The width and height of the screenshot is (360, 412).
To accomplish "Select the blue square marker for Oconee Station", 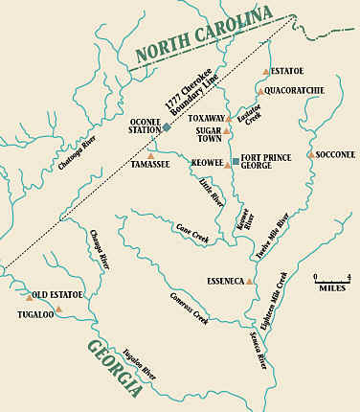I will (x=167, y=127).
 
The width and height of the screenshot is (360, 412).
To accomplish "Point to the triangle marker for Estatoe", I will (x=266, y=72).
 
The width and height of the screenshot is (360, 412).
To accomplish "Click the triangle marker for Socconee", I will (x=311, y=154).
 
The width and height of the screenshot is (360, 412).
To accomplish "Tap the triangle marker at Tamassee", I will (x=150, y=155).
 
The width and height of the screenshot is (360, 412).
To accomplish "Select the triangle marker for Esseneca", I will (x=250, y=282).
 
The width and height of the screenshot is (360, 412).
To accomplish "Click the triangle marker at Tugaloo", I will (x=59, y=309).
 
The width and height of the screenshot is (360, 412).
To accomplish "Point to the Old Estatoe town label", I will (x=57, y=294).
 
